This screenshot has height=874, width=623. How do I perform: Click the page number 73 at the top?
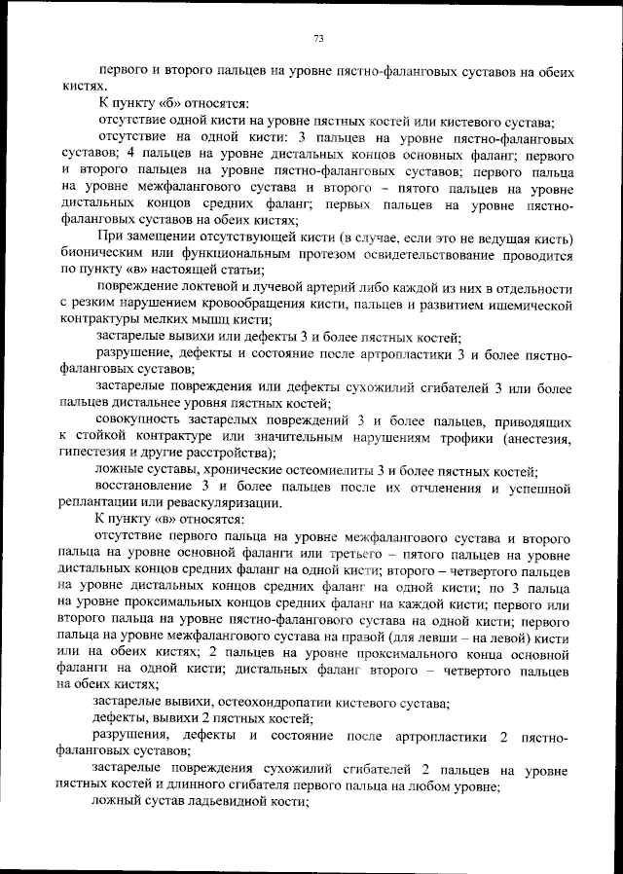(318, 39)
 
